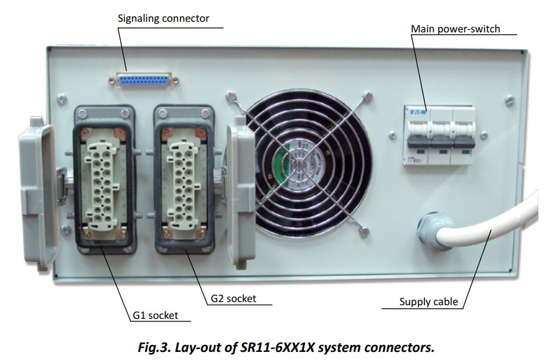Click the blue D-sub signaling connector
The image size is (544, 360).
click(x=143, y=80)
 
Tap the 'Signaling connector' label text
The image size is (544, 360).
click(x=164, y=18)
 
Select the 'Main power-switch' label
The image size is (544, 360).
click(x=455, y=29)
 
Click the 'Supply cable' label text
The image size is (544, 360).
click(x=428, y=302)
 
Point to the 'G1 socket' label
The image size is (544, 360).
click(x=155, y=315)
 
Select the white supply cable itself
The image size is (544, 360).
click(x=498, y=230)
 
